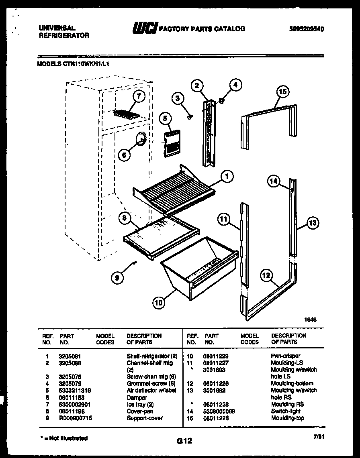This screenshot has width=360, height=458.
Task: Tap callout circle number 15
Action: [282, 92]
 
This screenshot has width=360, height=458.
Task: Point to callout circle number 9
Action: [117, 277]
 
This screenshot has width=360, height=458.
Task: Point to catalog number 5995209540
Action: [306, 29]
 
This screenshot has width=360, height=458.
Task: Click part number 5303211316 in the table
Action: [74, 390]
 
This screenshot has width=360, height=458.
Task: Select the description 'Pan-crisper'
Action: [285, 356]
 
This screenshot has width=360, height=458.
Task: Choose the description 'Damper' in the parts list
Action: [137, 397]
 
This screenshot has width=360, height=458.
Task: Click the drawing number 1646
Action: [310, 320]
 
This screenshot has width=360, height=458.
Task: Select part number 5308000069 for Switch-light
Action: [219, 411]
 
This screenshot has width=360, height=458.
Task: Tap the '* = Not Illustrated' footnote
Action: [64, 438]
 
